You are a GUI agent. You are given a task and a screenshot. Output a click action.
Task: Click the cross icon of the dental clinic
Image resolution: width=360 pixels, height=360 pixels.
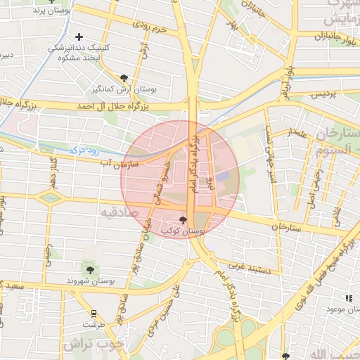pos(79,37)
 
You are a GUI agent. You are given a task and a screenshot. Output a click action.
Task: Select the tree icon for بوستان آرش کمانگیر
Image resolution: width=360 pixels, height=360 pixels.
pos(124,78)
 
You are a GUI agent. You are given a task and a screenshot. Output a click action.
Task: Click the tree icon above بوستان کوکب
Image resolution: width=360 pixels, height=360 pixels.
pos(183,220)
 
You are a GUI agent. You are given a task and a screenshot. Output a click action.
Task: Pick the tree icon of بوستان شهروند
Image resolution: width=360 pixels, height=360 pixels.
pos(89,269)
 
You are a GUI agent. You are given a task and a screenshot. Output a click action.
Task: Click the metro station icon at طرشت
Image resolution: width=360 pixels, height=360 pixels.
pos(93,313)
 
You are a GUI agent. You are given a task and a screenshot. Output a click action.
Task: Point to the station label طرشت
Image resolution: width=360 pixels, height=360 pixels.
pos(93,325)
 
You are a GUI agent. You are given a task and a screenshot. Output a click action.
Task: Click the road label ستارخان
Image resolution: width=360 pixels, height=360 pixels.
pos(290,228)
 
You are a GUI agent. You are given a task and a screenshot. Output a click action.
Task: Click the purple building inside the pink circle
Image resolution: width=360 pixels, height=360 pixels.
pos(222,177)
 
